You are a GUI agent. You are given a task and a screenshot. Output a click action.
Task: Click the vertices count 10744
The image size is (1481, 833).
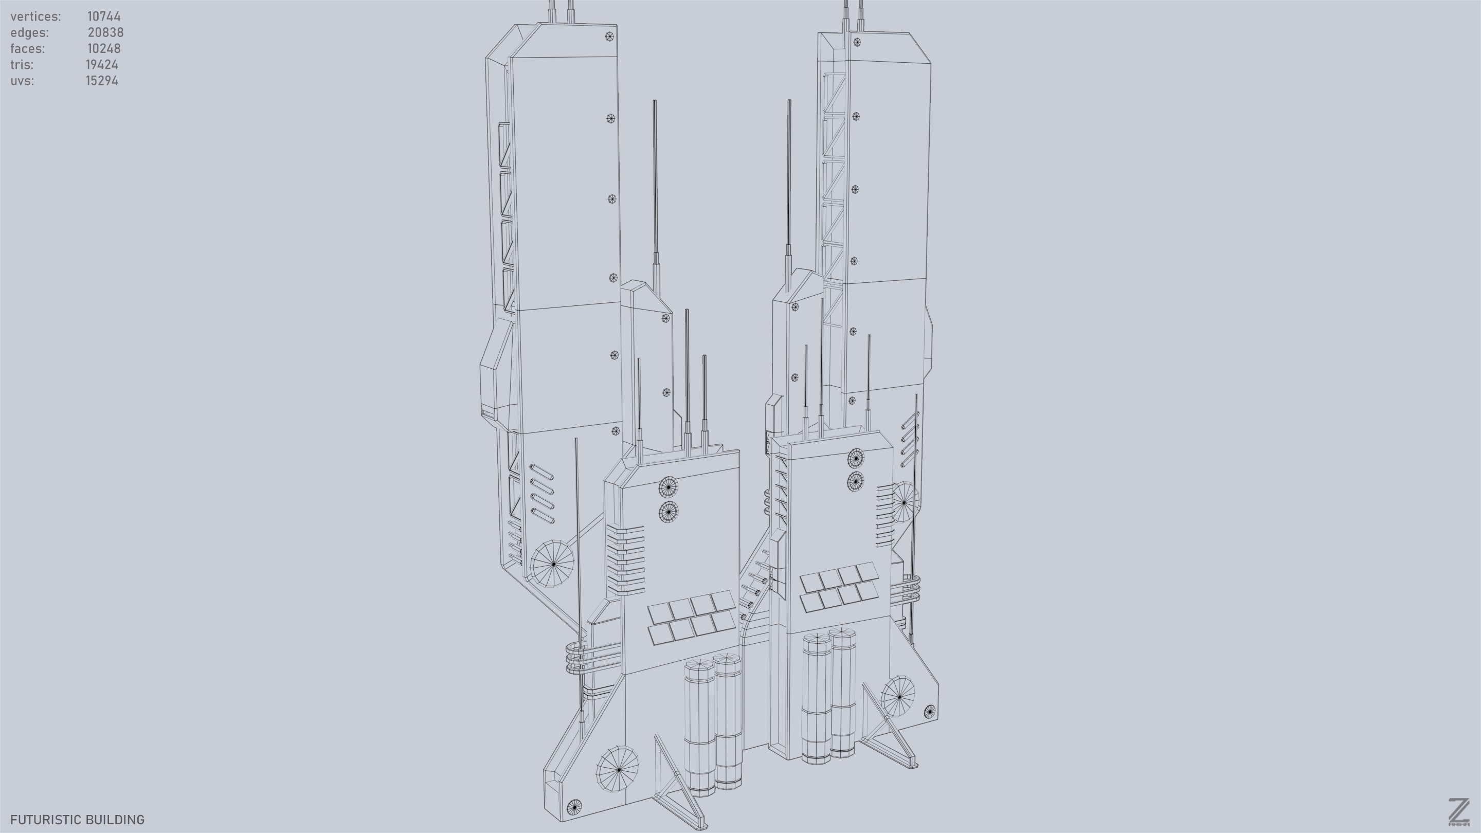coord(104,16)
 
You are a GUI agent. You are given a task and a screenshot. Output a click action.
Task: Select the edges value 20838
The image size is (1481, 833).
coord(105,32)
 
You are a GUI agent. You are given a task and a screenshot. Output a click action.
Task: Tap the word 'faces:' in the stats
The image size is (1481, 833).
coord(27,48)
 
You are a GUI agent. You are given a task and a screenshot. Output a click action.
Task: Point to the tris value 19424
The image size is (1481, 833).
coord(102,64)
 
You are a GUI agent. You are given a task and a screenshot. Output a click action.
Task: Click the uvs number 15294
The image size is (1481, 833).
coord(102,81)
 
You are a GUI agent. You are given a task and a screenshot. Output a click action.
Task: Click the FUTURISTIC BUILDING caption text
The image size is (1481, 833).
coord(77,819)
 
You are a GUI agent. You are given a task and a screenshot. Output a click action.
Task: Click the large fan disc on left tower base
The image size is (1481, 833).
coord(552,564)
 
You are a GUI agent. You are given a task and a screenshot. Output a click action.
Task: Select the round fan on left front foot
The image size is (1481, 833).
coord(617,769)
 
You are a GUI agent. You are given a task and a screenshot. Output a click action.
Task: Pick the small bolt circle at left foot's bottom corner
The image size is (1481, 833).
coord(574,807)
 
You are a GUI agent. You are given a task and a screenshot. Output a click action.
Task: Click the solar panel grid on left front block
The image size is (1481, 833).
coord(692,618)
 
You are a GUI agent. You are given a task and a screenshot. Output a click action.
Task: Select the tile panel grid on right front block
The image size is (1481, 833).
coord(839,586)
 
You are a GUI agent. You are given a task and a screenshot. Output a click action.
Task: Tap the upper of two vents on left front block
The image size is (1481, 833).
coord(667,487)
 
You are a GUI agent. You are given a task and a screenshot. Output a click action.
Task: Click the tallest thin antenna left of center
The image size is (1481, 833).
coord(655,190)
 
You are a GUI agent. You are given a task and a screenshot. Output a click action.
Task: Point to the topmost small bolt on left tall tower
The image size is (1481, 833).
coord(609,37)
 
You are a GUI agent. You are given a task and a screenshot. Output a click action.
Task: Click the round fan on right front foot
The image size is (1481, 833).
coord(898,696)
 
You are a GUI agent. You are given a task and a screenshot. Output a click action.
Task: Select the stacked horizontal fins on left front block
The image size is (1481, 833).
coord(625,560)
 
